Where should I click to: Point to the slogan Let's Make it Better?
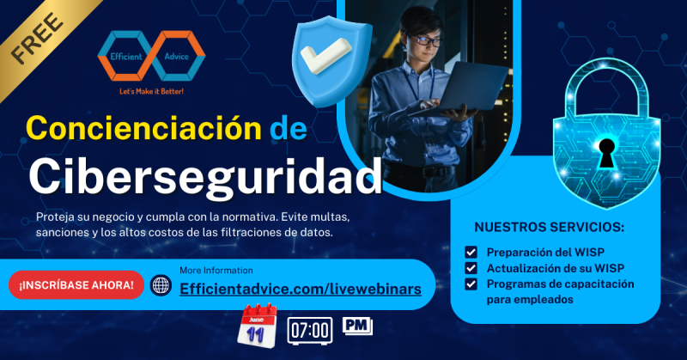pos(152,90)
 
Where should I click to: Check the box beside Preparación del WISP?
pos(471,253)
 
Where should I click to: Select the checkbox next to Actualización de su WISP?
pos(471,268)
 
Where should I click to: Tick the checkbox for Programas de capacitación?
pos(471,284)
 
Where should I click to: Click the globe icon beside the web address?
pos(161,285)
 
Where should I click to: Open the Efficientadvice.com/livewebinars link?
pos(301,290)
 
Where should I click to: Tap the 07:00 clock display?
pos(310,330)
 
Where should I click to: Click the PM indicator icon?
pos(357,325)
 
